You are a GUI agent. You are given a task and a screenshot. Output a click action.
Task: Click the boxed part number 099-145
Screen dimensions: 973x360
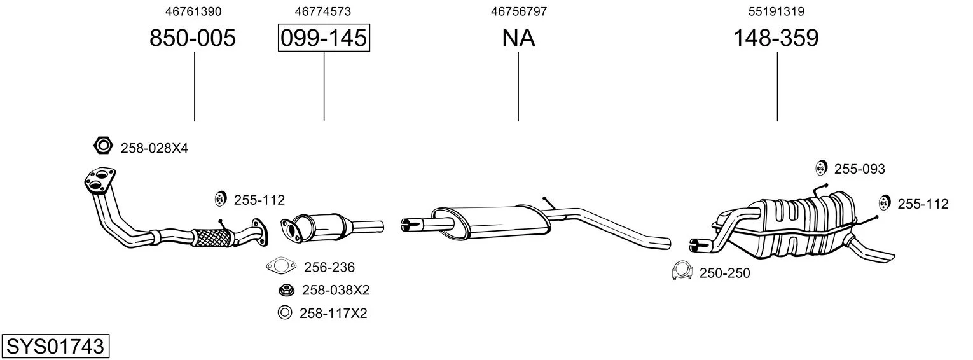pyautogui.click(x=324, y=38)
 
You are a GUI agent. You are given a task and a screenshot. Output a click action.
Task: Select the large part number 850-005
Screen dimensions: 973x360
pyautogui.click(x=193, y=38)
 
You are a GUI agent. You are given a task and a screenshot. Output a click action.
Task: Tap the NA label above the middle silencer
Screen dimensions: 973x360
pyautogui.click(x=518, y=38)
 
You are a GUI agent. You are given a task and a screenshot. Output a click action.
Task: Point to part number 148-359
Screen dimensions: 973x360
pyautogui.click(x=776, y=38)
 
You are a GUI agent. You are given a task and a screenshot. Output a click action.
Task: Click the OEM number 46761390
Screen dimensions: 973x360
pyautogui.click(x=193, y=11)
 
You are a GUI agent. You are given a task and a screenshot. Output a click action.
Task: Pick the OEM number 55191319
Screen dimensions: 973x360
pyautogui.click(x=776, y=11)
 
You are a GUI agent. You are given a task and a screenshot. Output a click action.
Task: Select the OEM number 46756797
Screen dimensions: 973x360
pyautogui.click(x=519, y=11)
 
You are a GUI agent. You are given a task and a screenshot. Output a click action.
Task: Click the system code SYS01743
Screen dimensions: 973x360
pyautogui.click(x=55, y=347)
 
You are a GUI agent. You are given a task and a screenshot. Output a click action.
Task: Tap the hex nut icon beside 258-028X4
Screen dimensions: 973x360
pyautogui.click(x=104, y=146)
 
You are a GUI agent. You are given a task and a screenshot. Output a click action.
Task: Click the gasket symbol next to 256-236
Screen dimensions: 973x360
pyautogui.click(x=281, y=265)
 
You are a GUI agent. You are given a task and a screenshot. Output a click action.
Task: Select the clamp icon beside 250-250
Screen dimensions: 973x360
pyautogui.click(x=682, y=270)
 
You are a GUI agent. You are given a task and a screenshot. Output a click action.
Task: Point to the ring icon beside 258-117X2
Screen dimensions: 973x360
pyautogui.click(x=285, y=313)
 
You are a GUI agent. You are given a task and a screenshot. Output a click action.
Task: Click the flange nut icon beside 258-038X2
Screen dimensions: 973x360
pyautogui.click(x=287, y=289)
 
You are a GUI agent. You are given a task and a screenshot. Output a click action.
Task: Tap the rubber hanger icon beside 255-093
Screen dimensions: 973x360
pyautogui.click(x=820, y=168)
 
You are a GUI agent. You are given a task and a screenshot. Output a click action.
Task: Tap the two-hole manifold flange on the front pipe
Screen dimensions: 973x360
pyautogui.click(x=99, y=179)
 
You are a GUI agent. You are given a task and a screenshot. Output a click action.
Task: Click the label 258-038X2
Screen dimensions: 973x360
pyautogui.click(x=336, y=290)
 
